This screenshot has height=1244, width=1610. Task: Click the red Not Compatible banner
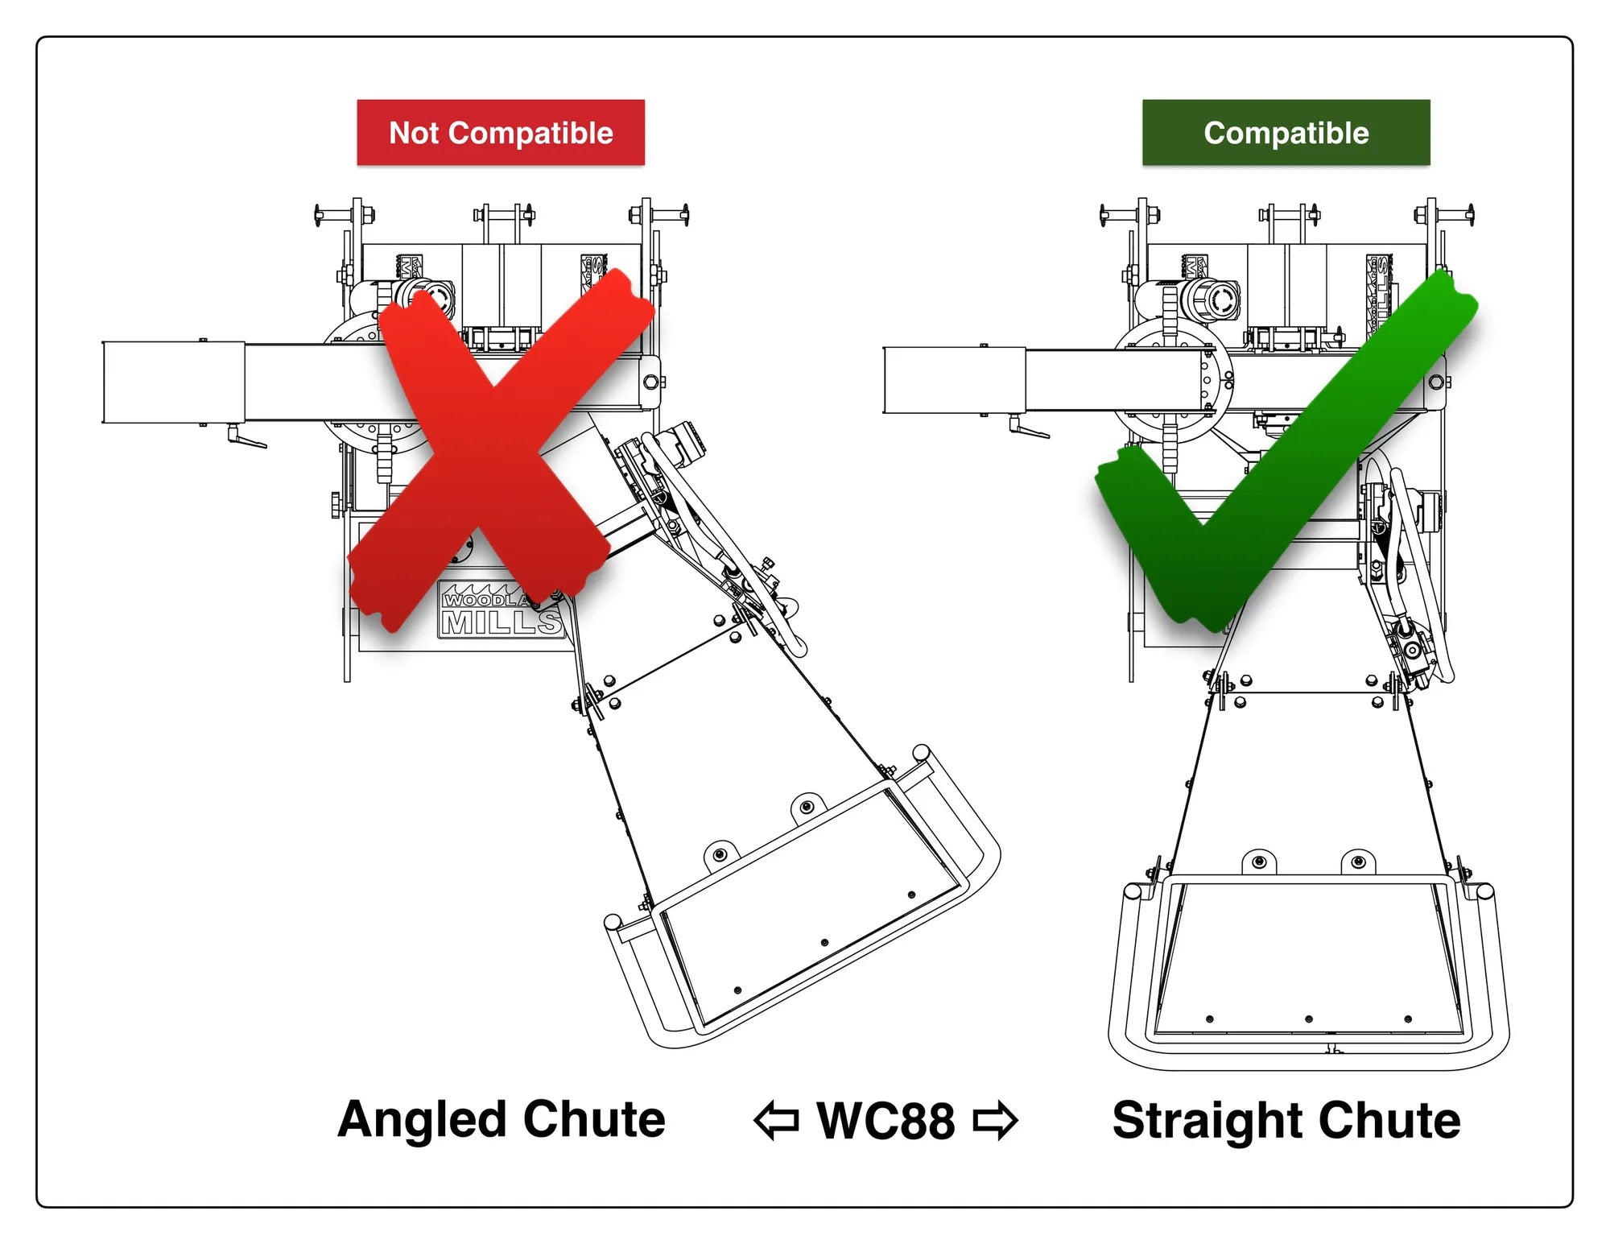click(x=501, y=133)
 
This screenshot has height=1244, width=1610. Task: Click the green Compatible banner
click(x=1286, y=133)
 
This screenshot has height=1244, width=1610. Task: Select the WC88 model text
click(x=885, y=1120)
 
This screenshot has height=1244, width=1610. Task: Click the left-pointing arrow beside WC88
click(x=776, y=1121)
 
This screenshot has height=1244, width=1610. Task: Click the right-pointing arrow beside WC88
click(x=995, y=1121)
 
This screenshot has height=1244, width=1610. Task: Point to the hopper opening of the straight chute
click(x=1309, y=958)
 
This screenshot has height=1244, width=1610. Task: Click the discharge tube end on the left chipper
click(x=173, y=382)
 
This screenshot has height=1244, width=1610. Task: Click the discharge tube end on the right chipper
click(x=954, y=380)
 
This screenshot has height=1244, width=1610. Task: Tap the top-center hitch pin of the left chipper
click(x=504, y=215)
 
